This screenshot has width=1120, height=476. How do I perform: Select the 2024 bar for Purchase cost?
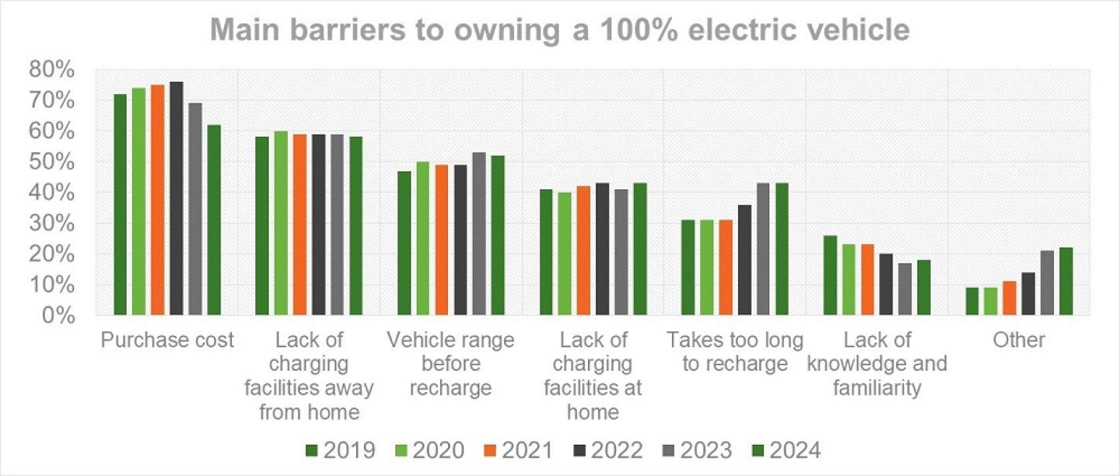213,219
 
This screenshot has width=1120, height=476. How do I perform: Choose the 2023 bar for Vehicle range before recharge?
479,233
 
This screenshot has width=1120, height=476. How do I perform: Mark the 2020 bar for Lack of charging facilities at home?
565,253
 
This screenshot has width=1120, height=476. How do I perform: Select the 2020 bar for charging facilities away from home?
281,223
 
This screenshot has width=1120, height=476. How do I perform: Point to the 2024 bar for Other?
1066,281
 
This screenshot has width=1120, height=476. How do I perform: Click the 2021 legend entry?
518,451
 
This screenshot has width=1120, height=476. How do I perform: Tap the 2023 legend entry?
697,451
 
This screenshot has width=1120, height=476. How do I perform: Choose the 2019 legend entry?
340,451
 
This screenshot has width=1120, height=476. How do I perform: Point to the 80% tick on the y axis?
51,69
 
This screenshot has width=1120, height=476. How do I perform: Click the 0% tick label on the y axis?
58,315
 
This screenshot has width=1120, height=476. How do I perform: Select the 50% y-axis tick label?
51,161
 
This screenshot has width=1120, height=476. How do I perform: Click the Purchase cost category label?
167,340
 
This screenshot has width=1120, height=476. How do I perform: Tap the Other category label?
1019,340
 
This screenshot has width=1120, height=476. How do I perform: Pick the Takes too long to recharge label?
735,351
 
